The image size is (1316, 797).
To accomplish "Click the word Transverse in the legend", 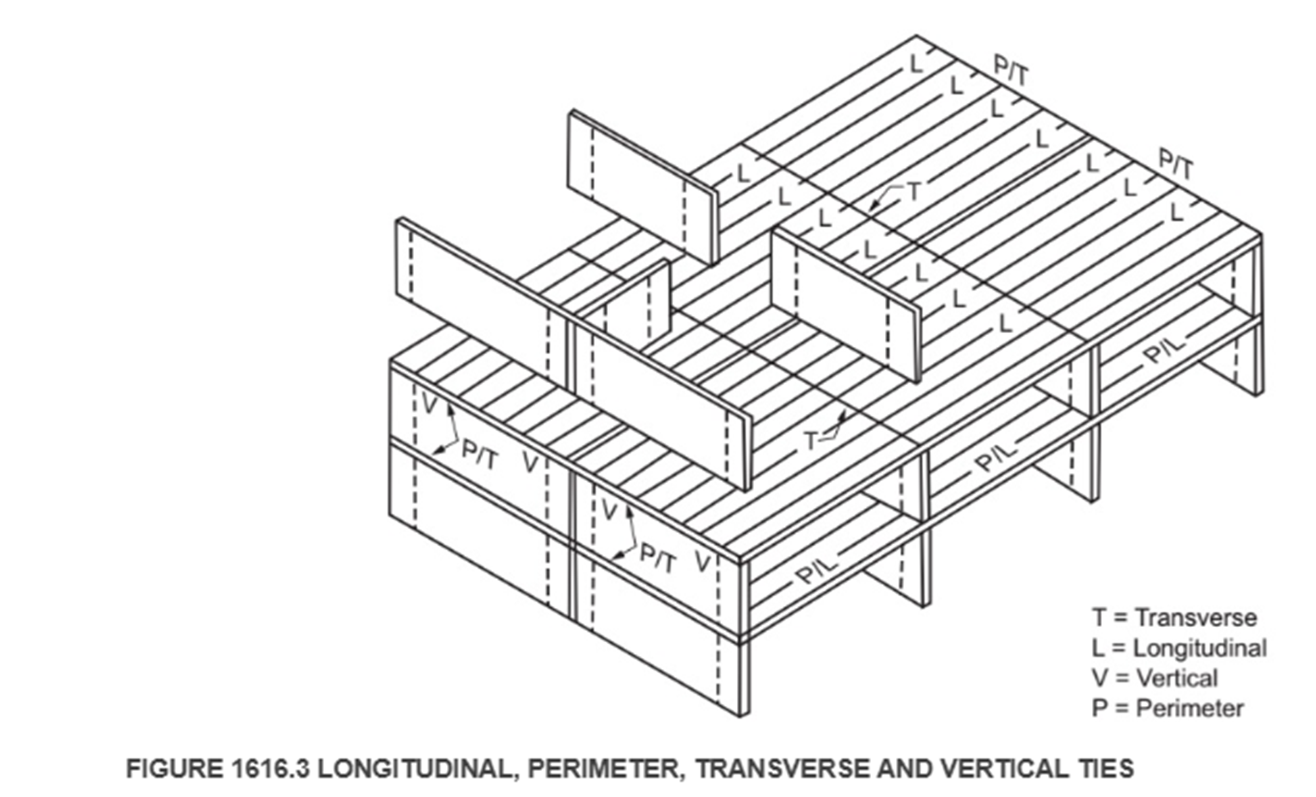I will click(x=1195, y=617).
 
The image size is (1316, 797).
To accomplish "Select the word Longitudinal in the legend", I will click(x=1199, y=648).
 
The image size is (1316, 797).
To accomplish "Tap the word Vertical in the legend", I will click(x=1177, y=678).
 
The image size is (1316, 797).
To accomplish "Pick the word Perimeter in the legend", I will click(x=1189, y=708).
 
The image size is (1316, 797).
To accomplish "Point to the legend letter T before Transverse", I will click(x=1099, y=617).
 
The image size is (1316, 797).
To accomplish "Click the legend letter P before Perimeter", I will click(x=1099, y=708).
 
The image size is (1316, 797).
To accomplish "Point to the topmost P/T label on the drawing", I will click(x=1012, y=71).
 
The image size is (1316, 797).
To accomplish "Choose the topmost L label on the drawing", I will click(x=916, y=64).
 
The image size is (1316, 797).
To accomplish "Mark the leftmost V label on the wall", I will click(x=429, y=405).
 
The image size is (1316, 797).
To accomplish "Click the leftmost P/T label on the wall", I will click(x=479, y=454).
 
